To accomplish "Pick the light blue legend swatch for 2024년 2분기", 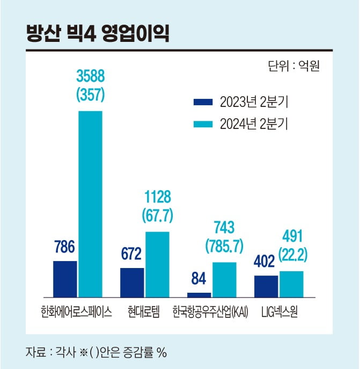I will (203, 124).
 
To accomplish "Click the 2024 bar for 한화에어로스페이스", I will (90, 204).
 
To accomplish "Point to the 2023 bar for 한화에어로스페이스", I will (64, 279).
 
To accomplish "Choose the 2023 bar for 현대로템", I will (131, 283).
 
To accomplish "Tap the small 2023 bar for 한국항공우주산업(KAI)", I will (199, 295).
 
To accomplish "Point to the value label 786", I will (64, 248).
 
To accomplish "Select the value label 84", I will (199, 279).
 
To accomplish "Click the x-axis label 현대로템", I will (144, 312).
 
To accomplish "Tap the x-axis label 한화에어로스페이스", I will (76, 312).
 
